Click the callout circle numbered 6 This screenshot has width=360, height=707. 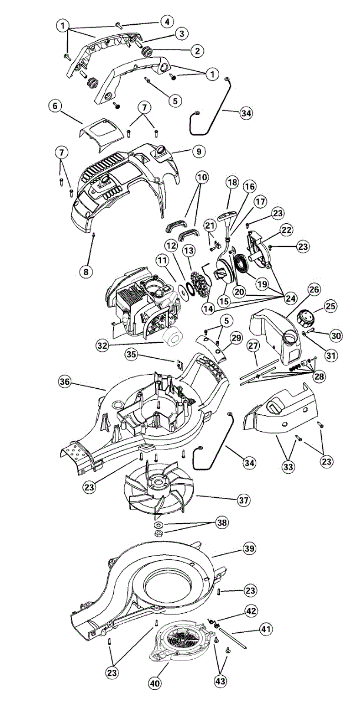pyautogui.click(x=55, y=106)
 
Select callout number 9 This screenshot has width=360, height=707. pyautogui.click(x=199, y=152)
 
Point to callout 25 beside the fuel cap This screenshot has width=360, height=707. pyautogui.click(x=331, y=306)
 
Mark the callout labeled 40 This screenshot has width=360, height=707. pyautogui.click(x=154, y=684)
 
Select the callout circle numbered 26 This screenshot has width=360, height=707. pyautogui.click(x=313, y=290)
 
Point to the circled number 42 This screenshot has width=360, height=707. pyautogui.click(x=251, y=611)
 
